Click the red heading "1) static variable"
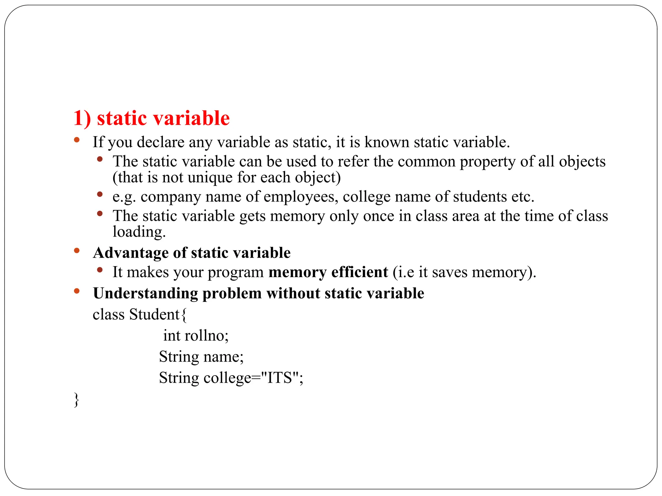(151, 118)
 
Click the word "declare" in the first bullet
(161, 142)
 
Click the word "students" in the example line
(480, 197)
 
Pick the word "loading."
(139, 232)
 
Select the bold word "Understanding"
(145, 294)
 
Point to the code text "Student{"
(158, 315)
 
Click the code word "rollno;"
(207, 336)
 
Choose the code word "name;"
(223, 357)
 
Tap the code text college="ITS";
(253, 378)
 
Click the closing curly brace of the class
(76, 400)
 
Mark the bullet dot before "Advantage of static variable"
(77, 250)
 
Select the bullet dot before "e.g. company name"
(100, 194)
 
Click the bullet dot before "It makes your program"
(100, 269)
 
